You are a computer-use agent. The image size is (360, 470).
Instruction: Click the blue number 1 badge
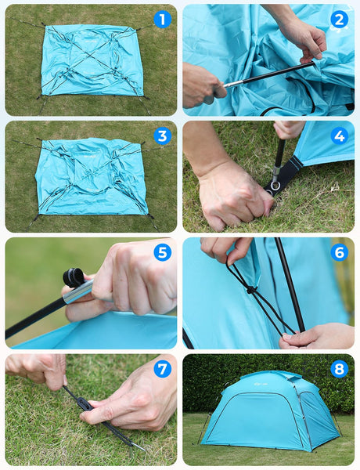[x=162, y=20]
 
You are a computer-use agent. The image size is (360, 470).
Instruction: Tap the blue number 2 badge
[x=339, y=20]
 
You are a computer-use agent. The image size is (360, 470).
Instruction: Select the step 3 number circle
[x=162, y=136]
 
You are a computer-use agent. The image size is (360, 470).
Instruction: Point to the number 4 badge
[x=339, y=136]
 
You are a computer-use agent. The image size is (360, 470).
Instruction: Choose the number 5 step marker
[x=162, y=252]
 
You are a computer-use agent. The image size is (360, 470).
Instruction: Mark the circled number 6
[x=339, y=252]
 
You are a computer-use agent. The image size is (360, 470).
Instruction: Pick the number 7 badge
[x=162, y=368]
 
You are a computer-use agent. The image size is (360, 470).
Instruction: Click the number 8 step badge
[x=339, y=368]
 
